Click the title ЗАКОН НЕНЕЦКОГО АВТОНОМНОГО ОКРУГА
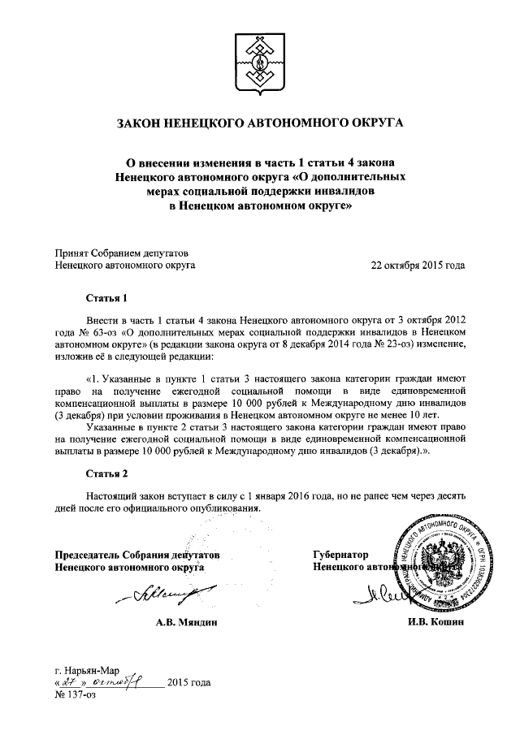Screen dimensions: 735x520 (260, 124)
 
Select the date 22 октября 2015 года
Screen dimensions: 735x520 (418, 265)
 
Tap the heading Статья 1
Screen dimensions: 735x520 (107, 297)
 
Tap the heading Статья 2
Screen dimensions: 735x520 (107, 472)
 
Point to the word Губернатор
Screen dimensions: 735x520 (341, 555)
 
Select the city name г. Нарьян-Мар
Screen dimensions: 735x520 (86, 671)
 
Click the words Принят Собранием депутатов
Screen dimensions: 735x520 (121, 253)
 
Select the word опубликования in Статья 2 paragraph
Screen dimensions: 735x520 (224, 508)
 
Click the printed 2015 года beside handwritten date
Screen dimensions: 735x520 (188, 683)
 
